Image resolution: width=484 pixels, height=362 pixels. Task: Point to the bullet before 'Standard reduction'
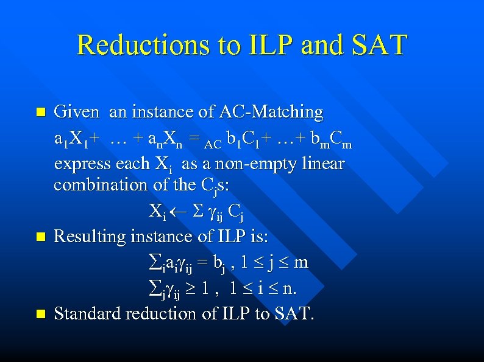point(40,315)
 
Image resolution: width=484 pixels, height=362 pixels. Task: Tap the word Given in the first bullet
point(76,113)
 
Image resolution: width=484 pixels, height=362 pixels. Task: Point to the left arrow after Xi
point(174,211)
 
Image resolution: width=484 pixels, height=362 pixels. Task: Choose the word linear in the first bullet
point(322,164)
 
